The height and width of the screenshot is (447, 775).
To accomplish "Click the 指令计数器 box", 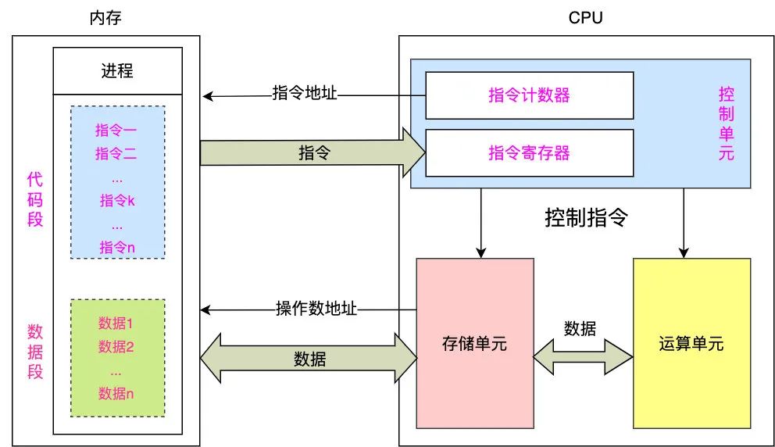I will point(529,95).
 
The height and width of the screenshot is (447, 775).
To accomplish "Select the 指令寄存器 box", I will point(529,152).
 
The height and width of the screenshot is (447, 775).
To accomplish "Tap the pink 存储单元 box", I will point(475,343).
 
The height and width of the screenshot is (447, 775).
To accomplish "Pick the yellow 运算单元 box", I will point(691,343).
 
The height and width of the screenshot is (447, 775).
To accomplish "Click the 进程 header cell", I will point(117,71).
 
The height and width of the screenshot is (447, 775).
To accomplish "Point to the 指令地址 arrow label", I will point(305,93).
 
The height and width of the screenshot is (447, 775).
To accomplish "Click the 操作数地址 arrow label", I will point(316,308).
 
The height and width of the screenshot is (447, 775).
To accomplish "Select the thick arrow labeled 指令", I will point(312,153).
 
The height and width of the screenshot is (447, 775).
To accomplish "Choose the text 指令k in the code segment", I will point(117,201).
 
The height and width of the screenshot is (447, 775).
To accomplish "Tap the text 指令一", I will point(116,130).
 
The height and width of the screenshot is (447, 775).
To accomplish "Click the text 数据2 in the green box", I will point(116,347).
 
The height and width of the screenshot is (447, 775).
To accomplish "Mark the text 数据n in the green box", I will point(116,394).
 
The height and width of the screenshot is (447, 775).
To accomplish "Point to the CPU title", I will point(585,18).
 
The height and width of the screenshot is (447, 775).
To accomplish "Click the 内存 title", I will point(105,18).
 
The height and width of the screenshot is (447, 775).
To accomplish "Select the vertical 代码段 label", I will point(35,199).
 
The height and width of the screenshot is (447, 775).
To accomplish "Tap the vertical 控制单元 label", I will point(726,123).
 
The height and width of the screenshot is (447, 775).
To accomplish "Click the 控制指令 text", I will point(585,218).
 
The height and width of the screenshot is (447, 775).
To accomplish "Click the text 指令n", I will point(117,248).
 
